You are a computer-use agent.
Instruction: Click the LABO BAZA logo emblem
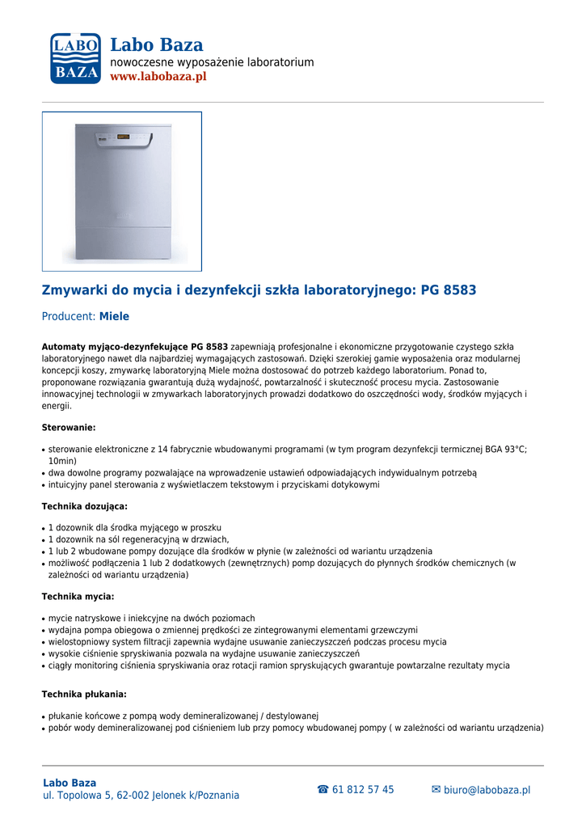coord(74,58)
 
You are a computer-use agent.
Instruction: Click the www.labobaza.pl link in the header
coord(158,77)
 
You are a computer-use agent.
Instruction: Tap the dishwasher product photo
coord(122,191)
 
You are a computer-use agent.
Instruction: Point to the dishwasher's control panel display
coord(124,138)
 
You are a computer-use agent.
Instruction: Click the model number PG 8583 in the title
coord(449,289)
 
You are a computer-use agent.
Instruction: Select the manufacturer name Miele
coord(114,317)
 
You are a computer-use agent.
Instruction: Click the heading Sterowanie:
coord(69,427)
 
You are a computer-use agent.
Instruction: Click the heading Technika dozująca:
coord(84,506)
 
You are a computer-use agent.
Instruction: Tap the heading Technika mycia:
coord(78,597)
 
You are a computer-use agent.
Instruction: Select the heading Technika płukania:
coord(84,695)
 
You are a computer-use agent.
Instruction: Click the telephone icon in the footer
coord(323,790)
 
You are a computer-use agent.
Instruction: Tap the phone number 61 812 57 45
coord(363,790)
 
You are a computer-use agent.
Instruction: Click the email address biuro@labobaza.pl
coord(487,790)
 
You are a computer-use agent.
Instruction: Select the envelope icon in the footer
coord(436,790)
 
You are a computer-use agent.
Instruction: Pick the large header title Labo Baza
coord(156,45)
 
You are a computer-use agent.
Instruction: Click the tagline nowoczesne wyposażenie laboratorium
coord(212,62)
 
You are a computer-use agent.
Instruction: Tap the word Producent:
coord(69,317)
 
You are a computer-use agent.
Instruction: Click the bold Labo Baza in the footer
coord(70,783)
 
